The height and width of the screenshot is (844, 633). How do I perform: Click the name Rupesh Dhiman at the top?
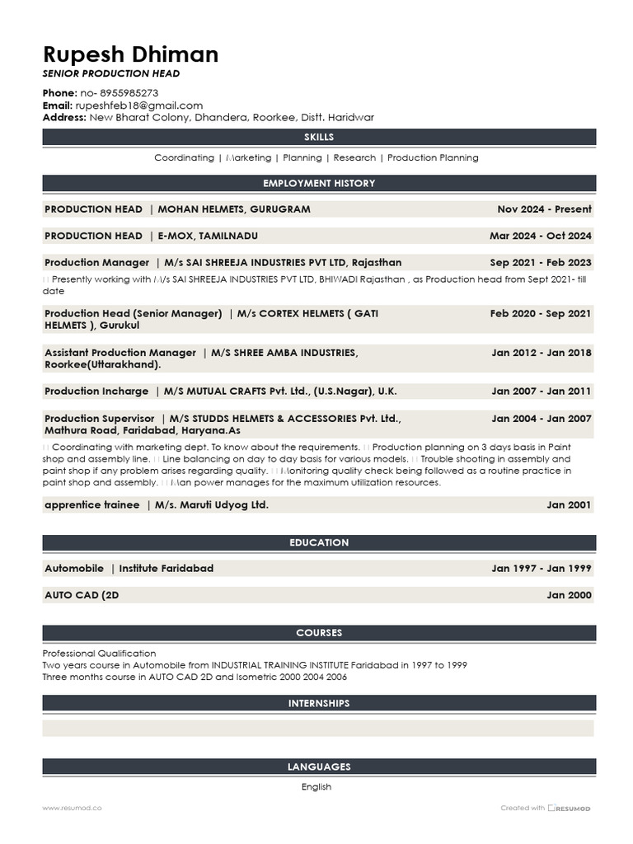pyautogui.click(x=130, y=55)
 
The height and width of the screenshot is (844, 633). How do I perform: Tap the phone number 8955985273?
pyautogui.click(x=129, y=93)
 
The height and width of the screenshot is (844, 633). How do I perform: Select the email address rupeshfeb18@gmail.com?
pyautogui.click(x=138, y=105)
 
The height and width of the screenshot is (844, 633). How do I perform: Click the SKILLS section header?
pyautogui.click(x=319, y=137)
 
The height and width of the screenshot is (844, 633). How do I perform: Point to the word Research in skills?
pyautogui.click(x=354, y=157)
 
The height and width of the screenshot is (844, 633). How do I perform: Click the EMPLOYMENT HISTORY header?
pyautogui.click(x=319, y=183)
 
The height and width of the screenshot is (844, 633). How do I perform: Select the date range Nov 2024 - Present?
pyautogui.click(x=544, y=209)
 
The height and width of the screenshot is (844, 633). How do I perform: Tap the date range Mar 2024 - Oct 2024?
pyautogui.click(x=540, y=236)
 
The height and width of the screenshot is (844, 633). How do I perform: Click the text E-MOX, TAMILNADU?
pyautogui.click(x=208, y=236)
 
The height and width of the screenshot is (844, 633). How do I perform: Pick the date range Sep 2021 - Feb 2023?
pyautogui.click(x=540, y=263)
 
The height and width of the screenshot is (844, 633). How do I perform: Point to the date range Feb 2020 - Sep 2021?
pyautogui.click(x=540, y=314)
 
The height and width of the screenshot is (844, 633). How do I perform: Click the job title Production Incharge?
pyautogui.click(x=96, y=392)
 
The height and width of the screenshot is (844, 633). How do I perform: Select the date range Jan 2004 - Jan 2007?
pyautogui.click(x=542, y=419)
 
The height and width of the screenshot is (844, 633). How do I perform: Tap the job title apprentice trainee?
pyautogui.click(x=91, y=505)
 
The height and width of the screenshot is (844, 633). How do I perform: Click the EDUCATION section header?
pyautogui.click(x=319, y=542)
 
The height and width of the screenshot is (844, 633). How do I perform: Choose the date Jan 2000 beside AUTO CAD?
pyautogui.click(x=569, y=595)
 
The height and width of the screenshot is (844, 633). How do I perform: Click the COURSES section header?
pyautogui.click(x=319, y=633)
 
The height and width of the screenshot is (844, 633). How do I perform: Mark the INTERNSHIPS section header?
pyautogui.click(x=319, y=703)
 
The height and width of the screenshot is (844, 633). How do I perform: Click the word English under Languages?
pyautogui.click(x=316, y=787)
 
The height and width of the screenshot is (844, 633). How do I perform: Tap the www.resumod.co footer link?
pyautogui.click(x=72, y=809)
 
